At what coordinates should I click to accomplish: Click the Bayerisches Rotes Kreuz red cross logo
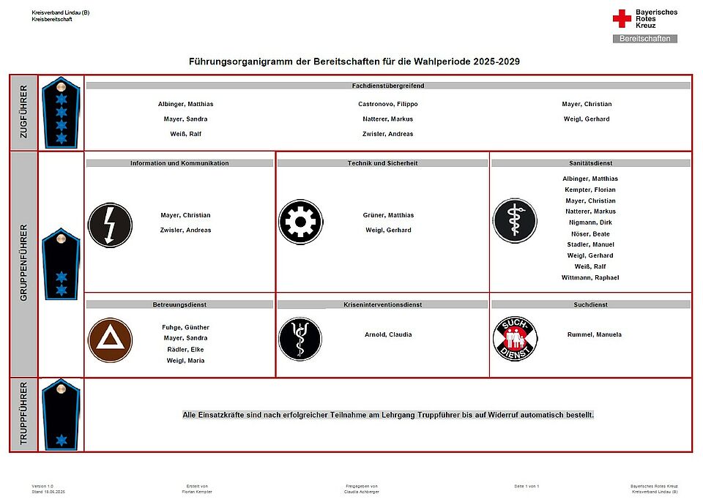coord(622,18)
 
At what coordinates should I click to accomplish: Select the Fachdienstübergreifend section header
coord(388,86)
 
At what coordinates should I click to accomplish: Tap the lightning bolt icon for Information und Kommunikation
coord(110,225)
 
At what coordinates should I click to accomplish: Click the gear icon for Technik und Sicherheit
coord(300,221)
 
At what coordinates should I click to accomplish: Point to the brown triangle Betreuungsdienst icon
coord(110,340)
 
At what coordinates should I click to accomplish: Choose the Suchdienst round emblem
coord(515,339)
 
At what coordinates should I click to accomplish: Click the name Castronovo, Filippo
coord(387,104)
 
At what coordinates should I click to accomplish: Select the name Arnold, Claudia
coord(388,334)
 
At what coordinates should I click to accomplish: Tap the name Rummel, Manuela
coord(594,334)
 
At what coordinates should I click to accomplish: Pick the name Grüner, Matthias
coord(388,215)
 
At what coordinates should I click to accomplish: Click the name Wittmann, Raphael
coord(590,277)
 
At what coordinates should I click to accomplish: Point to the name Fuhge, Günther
coord(185,327)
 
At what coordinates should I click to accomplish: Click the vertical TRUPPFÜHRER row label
coord(23,414)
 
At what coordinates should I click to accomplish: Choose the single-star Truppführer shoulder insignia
coord(61,415)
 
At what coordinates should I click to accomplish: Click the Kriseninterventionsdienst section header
coord(383,304)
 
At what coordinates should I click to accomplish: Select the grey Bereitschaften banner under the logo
coord(644,38)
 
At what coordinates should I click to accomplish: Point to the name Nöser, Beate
coord(590,233)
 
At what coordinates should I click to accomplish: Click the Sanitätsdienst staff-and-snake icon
coord(515,221)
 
